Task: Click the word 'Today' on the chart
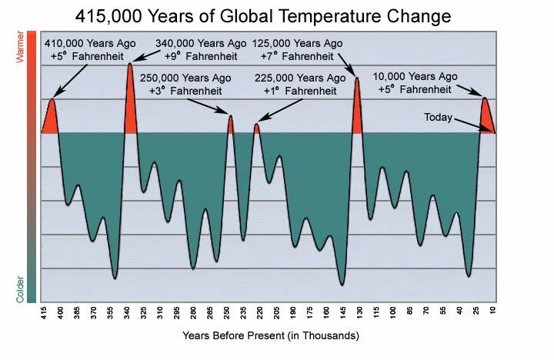pos(439,118)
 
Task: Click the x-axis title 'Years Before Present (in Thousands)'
pos(271,336)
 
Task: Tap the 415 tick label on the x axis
pos(44,314)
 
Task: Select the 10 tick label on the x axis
pos(492,314)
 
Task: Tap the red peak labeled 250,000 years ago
pos(229,125)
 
